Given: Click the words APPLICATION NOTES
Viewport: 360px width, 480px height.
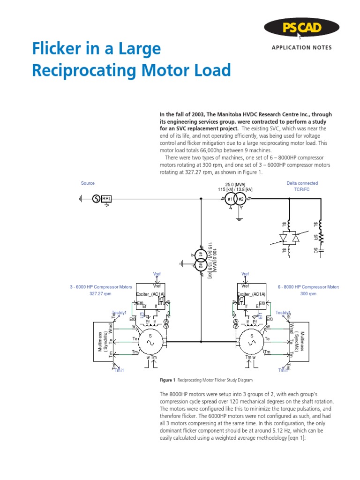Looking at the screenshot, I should click(x=301, y=48).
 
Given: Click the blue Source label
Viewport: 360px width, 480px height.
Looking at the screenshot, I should click(x=88, y=183).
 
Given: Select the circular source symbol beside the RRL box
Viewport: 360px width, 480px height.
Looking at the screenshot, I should click(x=96, y=199).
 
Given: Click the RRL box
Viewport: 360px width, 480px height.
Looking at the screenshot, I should click(x=107, y=199).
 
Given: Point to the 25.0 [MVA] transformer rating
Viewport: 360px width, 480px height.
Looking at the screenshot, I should click(x=235, y=184).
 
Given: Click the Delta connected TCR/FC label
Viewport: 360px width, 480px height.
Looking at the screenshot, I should click(x=302, y=186).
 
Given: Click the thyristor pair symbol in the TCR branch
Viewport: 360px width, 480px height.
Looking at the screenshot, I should click(x=289, y=238).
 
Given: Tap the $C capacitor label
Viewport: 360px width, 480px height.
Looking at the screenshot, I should click(x=315, y=251).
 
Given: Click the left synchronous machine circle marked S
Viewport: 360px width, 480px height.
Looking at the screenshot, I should click(x=151, y=342).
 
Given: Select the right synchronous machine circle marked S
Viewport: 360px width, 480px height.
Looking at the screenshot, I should click(x=251, y=342).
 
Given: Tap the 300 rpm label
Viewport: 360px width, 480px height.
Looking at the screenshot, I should click(x=308, y=294).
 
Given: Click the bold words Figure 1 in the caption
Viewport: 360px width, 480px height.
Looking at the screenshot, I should click(x=167, y=380).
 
